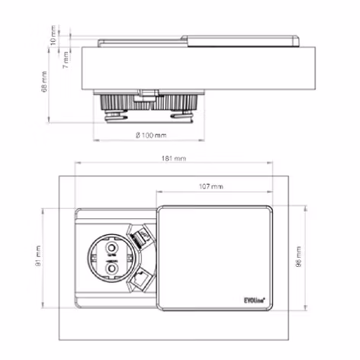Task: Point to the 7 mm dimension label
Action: tap(66, 56)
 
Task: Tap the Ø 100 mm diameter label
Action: tap(150, 135)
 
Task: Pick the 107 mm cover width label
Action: tap(211, 186)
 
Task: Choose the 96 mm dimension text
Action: tap(298, 262)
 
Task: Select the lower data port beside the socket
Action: tap(141, 281)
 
